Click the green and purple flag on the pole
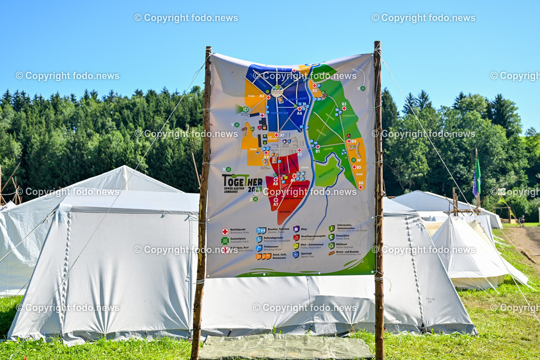point(477,178)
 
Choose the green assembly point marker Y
point(237,125)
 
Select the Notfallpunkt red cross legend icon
point(225,231)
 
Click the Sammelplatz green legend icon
point(225,240)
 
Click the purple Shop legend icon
point(296,229)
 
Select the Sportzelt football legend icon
point(296,254)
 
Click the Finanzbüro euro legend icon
point(331,237)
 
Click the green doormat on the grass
point(285,348)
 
